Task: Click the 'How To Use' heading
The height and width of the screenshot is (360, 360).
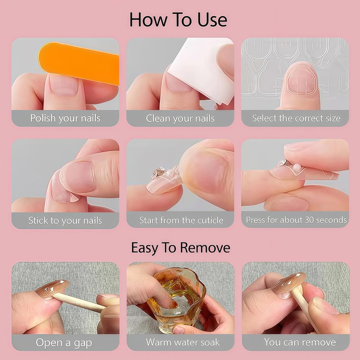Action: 178,20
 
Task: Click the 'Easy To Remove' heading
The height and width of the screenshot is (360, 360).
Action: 180,247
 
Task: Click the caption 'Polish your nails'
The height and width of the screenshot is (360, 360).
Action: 65,119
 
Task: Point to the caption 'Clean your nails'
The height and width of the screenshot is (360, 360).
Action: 180,119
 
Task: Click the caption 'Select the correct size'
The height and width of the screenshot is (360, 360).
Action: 296,119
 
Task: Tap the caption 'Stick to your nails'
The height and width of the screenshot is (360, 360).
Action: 65,220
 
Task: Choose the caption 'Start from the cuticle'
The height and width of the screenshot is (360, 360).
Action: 181,220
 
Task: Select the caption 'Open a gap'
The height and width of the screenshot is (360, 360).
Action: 64,342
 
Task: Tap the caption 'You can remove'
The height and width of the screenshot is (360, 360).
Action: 300,342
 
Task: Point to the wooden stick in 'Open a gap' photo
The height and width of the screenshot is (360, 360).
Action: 81,302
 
